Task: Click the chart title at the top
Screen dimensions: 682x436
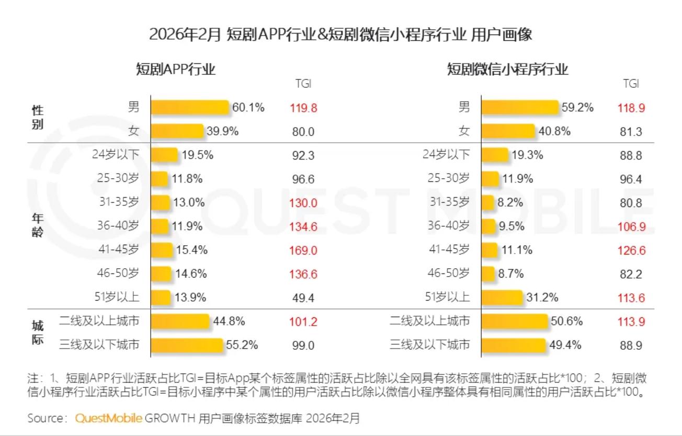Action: (x=340, y=34)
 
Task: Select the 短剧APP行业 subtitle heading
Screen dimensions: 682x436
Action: (x=176, y=70)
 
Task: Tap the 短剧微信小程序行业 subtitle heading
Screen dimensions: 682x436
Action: (x=507, y=70)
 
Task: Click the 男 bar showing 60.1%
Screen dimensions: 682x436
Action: (x=190, y=107)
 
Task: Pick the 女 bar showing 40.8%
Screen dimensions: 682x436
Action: (x=508, y=131)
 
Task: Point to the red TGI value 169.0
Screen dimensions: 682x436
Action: (x=303, y=250)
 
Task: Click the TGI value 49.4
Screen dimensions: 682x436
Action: (x=303, y=298)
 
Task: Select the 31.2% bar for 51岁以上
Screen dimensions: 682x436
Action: (x=502, y=297)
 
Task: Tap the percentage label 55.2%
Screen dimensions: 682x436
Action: (x=242, y=345)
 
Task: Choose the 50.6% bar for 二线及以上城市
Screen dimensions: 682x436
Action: (x=515, y=321)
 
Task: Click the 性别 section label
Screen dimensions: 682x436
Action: (x=38, y=117)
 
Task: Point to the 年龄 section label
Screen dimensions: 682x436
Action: (x=38, y=225)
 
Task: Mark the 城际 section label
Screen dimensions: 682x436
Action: (x=38, y=332)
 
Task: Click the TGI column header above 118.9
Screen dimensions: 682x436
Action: (x=631, y=84)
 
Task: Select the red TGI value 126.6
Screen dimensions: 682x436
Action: (x=631, y=250)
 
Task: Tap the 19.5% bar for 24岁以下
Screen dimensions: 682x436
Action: (x=164, y=155)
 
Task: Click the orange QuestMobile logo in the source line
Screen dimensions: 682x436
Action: (x=109, y=418)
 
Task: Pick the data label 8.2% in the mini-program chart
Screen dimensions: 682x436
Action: (x=510, y=202)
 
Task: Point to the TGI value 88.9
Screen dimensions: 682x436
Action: (x=631, y=346)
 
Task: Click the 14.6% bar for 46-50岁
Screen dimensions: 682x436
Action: (x=162, y=273)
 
